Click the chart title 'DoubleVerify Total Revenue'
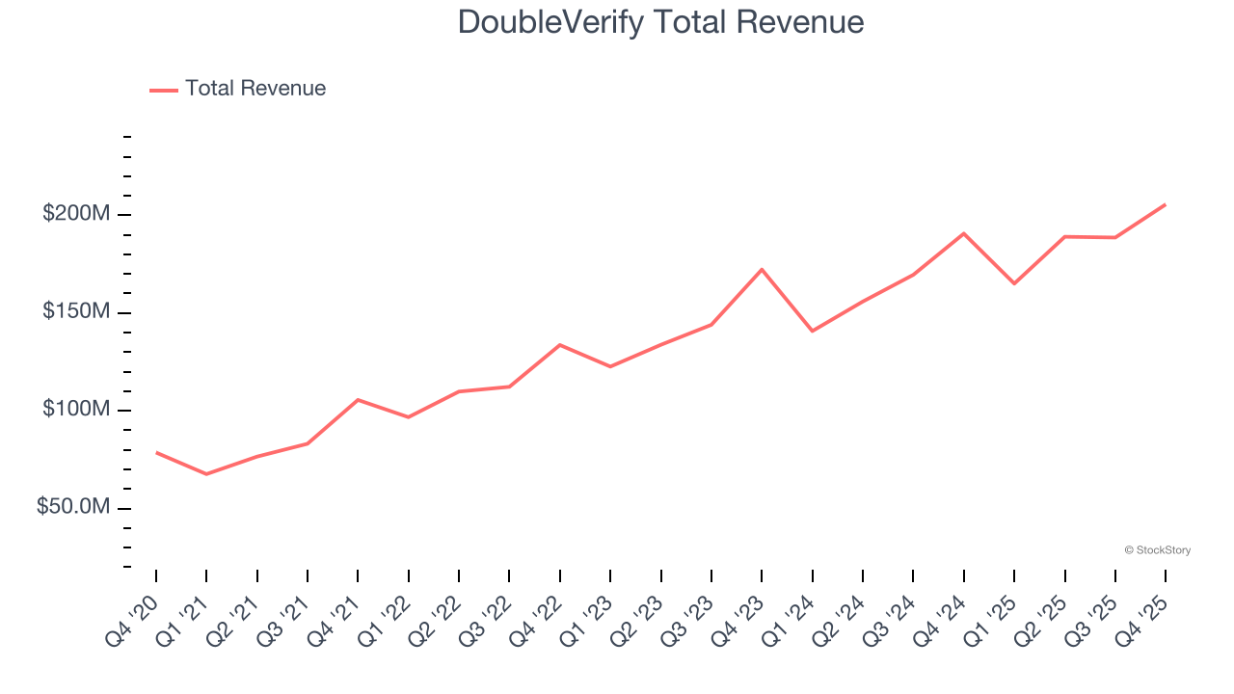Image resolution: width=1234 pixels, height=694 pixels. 660,21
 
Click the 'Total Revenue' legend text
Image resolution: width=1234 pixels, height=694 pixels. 255,89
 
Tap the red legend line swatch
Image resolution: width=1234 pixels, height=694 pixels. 164,90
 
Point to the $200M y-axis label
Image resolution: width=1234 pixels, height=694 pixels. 75,214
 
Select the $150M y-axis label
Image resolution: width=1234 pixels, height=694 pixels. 75,312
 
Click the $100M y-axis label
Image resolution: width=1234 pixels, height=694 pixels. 75,411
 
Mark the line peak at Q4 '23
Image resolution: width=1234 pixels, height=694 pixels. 762,269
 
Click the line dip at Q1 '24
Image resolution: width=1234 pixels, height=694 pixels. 813,331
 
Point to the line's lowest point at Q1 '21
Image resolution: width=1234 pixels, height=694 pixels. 206,474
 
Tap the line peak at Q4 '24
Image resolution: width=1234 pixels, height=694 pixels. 964,233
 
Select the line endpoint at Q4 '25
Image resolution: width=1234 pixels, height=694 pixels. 1166,204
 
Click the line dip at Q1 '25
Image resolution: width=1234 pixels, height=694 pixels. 1014,283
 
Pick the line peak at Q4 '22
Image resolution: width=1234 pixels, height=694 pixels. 560,344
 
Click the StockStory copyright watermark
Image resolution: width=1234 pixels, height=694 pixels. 1157,550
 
